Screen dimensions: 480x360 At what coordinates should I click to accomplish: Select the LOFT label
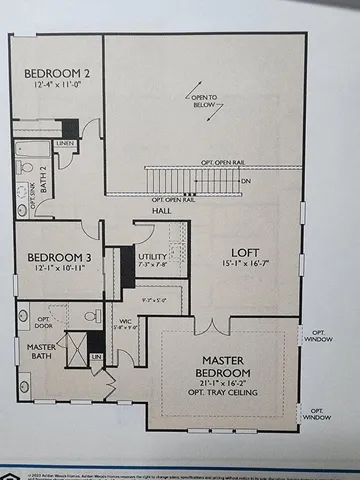tap(246, 252)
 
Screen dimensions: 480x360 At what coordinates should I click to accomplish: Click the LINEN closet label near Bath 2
tap(65, 144)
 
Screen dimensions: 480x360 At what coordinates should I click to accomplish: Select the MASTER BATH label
tap(28, 353)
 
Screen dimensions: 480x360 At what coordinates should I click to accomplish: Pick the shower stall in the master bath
tap(73, 346)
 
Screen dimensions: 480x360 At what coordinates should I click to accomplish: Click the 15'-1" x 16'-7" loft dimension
tap(246, 265)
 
